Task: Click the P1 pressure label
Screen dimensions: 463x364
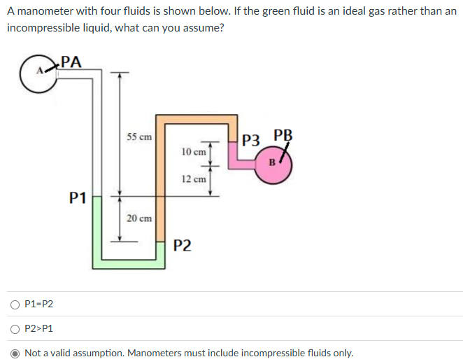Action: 78,197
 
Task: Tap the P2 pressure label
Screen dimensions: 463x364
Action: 182,245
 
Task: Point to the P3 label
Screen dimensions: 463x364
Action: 251,140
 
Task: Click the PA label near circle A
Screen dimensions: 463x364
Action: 71,62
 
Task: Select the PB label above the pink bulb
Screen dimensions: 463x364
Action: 283,135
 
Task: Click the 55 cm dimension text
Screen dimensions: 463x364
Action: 139,136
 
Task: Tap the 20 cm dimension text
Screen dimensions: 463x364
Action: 139,218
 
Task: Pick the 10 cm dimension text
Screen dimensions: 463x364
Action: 194,152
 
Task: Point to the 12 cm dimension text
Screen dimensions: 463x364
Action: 194,179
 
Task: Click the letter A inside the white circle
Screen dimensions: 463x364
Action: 40,71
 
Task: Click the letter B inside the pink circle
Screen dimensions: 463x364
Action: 272,162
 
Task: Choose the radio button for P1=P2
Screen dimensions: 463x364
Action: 15,304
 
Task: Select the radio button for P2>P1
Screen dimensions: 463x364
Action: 15,329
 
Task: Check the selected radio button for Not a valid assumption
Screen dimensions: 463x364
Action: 15,353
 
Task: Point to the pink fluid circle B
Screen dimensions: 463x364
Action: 273,165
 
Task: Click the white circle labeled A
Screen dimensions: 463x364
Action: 38,74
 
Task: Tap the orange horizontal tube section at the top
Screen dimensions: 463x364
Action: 197,120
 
